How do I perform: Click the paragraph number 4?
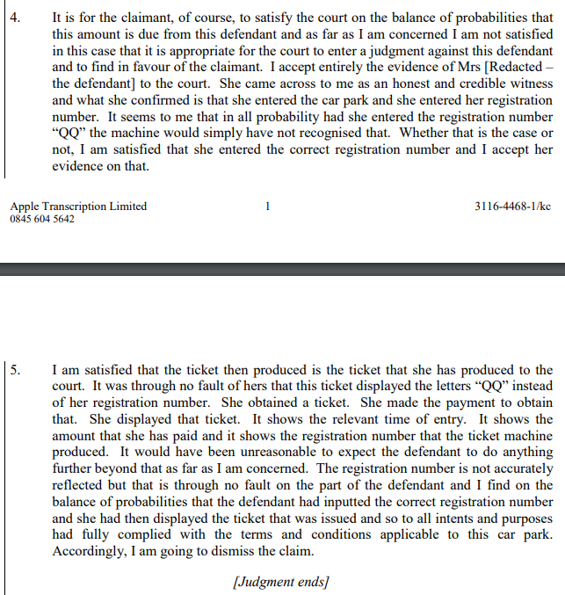15,17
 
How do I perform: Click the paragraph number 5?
15,370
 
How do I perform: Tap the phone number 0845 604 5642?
42,219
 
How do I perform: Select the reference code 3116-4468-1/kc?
512,207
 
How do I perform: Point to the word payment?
443,402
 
